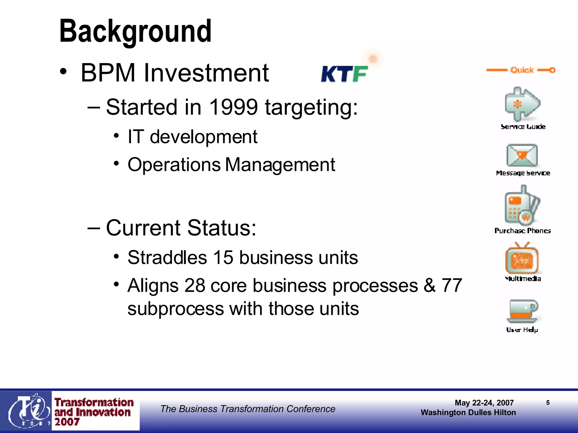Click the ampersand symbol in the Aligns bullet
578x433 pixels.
[x=430, y=286]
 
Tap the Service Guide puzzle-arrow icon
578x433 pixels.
[x=522, y=104]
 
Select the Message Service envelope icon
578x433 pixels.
[x=522, y=155]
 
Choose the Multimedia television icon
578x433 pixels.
[x=522, y=259]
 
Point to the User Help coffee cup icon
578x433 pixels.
[x=522, y=311]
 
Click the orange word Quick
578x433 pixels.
[x=522, y=70]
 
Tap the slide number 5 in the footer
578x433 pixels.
[x=548, y=403]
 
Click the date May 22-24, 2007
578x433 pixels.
[x=484, y=403]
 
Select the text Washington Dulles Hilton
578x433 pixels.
[x=468, y=413]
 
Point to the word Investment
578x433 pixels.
[x=206, y=73]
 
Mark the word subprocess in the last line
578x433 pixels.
[x=176, y=309]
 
